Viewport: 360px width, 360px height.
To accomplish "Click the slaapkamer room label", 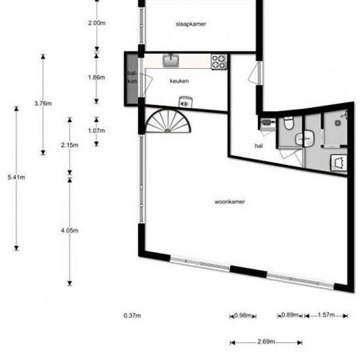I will [x=192, y=24].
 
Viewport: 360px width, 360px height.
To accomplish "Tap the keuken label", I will [x=179, y=81].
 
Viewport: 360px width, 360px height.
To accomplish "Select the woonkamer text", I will [x=230, y=202].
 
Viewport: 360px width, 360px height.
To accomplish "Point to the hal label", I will [x=259, y=146].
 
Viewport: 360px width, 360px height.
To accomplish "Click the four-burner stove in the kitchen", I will [x=219, y=62].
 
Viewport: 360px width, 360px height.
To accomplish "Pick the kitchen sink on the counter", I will [x=171, y=61].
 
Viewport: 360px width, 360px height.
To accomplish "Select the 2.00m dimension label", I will [x=96, y=23].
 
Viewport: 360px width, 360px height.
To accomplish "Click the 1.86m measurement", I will [x=96, y=77].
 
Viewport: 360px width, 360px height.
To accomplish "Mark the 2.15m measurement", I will [x=69, y=144].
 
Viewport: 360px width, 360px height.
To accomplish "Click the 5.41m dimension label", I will [x=16, y=177].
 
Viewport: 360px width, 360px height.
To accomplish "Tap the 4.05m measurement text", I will [x=69, y=230].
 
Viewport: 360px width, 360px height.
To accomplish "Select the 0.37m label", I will [x=132, y=315].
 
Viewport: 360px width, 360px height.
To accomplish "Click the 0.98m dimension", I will [x=243, y=315].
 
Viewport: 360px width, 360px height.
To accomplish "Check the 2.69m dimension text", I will [x=266, y=342].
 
